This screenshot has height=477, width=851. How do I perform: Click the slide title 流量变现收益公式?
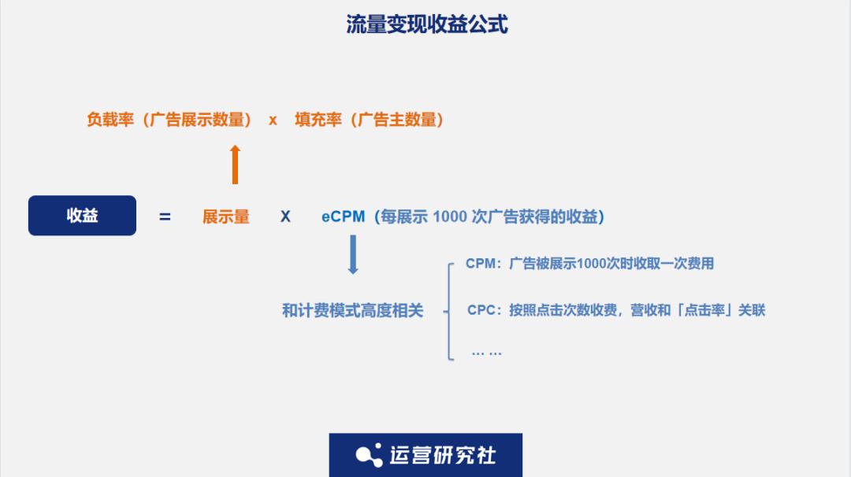(427, 25)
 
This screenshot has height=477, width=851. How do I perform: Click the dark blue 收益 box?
(82, 216)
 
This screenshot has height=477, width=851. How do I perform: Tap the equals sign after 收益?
(165, 216)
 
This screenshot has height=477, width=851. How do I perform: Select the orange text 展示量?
(226, 216)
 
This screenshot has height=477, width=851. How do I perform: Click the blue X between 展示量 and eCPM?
(285, 216)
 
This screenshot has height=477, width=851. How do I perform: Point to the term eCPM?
(343, 216)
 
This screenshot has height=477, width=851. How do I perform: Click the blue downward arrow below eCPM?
(353, 256)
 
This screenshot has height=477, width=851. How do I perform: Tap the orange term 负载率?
(110, 120)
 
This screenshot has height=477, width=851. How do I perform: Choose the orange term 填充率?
(318, 120)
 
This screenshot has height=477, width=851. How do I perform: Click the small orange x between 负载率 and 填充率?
(273, 120)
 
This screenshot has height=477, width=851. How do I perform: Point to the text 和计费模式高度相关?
(353, 311)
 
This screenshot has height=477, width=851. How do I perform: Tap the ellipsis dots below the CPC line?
(486, 352)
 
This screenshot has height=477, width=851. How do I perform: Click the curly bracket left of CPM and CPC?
(449, 311)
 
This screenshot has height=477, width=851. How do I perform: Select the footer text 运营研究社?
(443, 455)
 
